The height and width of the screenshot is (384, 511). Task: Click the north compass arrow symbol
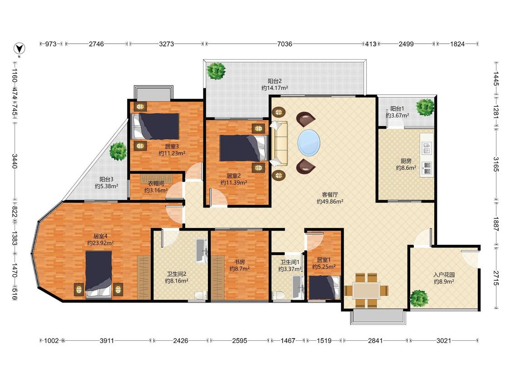pyautogui.click(x=20, y=48)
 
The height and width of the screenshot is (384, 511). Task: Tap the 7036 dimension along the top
pyautogui.click(x=284, y=44)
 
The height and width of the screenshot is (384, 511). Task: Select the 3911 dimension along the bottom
pyautogui.click(x=107, y=341)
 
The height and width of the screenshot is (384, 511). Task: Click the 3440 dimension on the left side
pyautogui.click(x=15, y=162)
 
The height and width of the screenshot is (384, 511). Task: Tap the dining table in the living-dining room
pyautogui.click(x=366, y=290)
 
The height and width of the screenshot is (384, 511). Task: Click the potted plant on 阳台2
pyautogui.click(x=216, y=71)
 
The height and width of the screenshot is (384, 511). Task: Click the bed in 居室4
pyautogui.click(x=99, y=275)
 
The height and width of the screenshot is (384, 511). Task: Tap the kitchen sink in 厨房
pyautogui.click(x=427, y=148)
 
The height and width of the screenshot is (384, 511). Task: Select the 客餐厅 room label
pyautogui.click(x=330, y=195)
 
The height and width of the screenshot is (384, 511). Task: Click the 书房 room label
pyautogui.click(x=239, y=262)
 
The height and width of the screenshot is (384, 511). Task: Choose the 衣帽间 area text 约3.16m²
pyautogui.click(x=156, y=190)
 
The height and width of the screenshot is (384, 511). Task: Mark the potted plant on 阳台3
pyautogui.click(x=118, y=151)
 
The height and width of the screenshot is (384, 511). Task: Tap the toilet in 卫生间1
pyautogui.click(x=278, y=295)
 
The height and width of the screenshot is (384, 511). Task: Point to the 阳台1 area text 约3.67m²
pyautogui.click(x=397, y=116)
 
